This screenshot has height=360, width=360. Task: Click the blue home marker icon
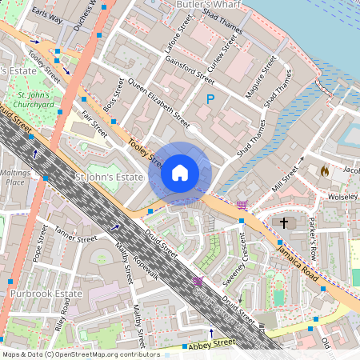180,173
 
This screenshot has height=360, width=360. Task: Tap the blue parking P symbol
210,100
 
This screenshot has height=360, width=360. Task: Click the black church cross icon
283,222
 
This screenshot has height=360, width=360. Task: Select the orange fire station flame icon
324,171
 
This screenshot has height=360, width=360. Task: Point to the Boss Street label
114,94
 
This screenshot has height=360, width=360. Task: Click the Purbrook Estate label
46,294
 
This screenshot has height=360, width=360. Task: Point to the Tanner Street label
75,238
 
